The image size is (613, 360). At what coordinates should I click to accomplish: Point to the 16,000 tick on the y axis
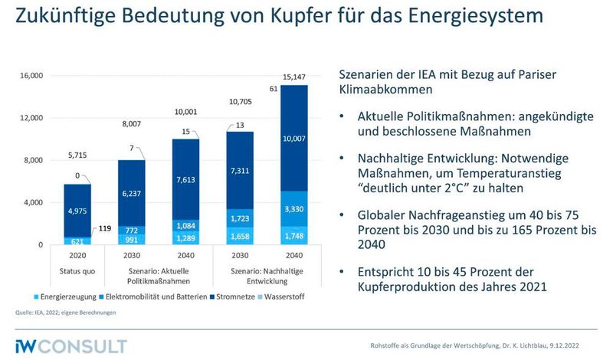coord(31,76)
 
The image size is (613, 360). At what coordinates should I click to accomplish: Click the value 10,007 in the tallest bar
coord(293,138)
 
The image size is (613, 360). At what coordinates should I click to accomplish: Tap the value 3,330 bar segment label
coord(293,208)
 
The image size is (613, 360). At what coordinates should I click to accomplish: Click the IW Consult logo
coord(71,345)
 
